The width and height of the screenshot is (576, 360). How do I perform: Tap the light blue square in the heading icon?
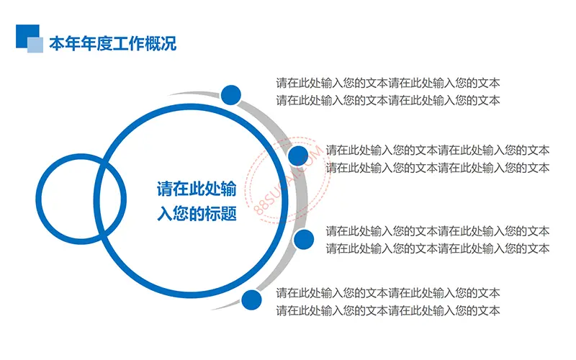(x=35, y=45)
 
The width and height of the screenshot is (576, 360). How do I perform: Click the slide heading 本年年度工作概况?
(x=113, y=44)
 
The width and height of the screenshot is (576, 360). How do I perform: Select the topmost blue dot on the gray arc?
(x=230, y=95)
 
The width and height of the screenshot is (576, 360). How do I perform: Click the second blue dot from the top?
(x=298, y=156)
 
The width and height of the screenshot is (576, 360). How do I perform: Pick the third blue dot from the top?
(x=304, y=240)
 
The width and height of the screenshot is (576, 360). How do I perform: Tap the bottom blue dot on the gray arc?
(x=251, y=300)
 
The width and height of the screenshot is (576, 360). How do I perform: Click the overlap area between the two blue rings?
(x=111, y=199)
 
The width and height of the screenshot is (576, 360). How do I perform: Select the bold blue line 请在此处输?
(x=197, y=189)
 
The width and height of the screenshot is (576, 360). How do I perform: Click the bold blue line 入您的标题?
(x=197, y=213)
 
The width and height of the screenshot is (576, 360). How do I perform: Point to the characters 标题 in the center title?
(x=220, y=213)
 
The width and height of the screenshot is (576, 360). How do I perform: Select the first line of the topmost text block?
(x=388, y=83)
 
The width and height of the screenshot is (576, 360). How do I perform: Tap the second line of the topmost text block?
(x=388, y=100)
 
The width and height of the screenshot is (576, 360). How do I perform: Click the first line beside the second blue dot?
(x=438, y=150)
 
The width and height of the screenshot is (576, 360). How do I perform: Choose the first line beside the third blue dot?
(x=438, y=231)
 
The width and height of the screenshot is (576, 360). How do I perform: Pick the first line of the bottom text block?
(x=388, y=293)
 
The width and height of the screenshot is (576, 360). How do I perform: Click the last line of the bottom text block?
(x=388, y=310)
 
